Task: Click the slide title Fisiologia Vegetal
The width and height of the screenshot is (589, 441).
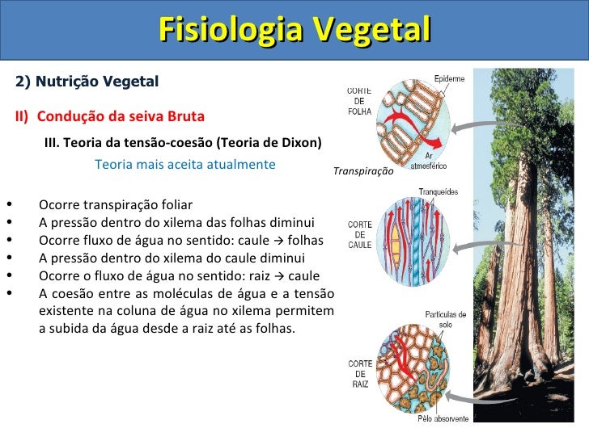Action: [294, 31]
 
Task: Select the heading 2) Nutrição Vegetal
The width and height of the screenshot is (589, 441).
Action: [87, 82]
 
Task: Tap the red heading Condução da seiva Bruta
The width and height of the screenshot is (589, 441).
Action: [121, 115]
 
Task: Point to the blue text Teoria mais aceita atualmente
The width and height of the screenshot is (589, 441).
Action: [184, 164]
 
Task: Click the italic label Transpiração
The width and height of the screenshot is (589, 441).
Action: [362, 171]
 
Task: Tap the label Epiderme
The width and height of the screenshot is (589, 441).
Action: [449, 78]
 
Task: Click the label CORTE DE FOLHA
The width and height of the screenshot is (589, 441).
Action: [359, 101]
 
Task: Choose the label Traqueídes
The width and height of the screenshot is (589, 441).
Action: [438, 191]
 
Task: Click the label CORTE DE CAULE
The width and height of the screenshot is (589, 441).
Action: [360, 233]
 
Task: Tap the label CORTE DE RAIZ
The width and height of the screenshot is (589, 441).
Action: [360, 374]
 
